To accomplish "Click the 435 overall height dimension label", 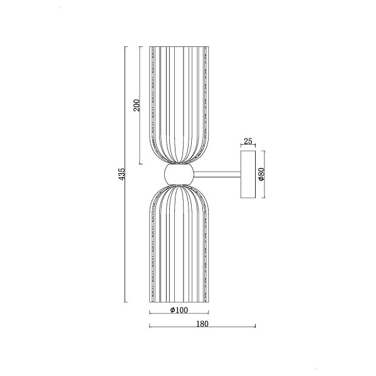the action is tap(122, 174).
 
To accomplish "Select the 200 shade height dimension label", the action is tap(137, 105).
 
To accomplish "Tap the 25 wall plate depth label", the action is tap(248, 142).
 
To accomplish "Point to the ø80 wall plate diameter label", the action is tap(261, 174).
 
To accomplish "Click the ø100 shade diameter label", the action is tap(179, 310).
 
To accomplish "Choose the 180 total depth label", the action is tap(202, 324).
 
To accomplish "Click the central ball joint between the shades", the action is tap(179, 174).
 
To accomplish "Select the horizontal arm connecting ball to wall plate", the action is tap(217, 174).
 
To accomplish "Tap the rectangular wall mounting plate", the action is tap(248, 174).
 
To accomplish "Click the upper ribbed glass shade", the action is tap(179, 105).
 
